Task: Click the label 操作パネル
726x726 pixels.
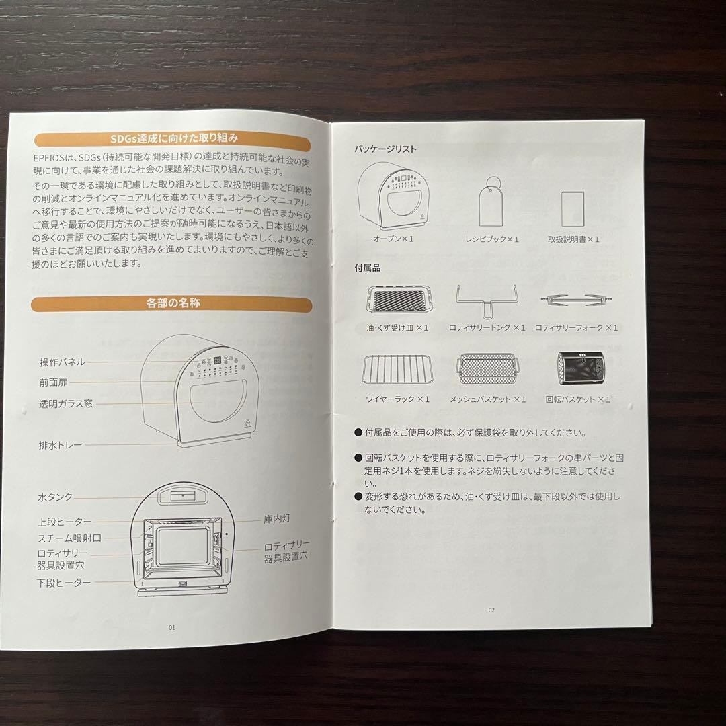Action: tap(62, 362)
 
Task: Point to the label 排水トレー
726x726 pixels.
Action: tap(61, 445)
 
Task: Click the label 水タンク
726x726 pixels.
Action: tap(55, 498)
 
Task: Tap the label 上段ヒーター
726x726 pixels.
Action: tap(64, 522)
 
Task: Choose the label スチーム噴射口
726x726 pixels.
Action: tap(69, 538)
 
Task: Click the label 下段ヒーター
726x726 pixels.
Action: tap(64, 582)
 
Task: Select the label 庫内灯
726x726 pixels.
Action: tap(277, 520)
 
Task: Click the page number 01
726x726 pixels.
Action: tap(172, 627)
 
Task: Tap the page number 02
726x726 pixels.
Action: tap(491, 610)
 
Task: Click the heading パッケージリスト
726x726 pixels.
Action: tap(386, 149)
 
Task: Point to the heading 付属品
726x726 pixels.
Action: tap(368, 268)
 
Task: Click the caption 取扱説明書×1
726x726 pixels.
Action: tap(573, 239)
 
